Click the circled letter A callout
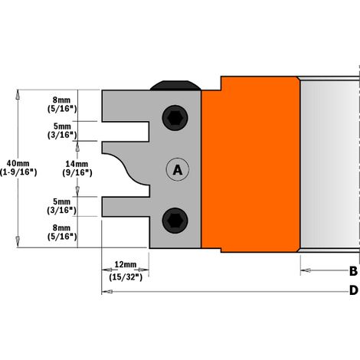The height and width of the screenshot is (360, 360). (178, 169)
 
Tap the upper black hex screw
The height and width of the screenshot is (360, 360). (175, 118)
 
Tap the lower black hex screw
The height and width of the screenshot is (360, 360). (175, 221)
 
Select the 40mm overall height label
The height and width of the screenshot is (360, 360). (18, 163)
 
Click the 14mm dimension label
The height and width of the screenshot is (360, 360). (77, 164)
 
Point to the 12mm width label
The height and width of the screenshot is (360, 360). (126, 264)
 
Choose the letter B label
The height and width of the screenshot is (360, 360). (353, 271)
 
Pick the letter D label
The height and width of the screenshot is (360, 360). (354, 290)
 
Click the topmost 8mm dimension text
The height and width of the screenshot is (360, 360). (61, 100)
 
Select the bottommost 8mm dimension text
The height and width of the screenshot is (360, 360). (61, 227)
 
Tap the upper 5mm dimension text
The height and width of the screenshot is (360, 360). (62, 126)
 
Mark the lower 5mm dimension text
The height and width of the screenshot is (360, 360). (61, 201)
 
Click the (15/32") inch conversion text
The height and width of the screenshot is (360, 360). (126, 277)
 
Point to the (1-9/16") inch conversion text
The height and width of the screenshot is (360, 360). (18, 172)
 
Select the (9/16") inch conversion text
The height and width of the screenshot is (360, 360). (77, 173)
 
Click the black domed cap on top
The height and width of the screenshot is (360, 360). (175, 86)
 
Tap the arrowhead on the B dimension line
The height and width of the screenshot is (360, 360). (306, 270)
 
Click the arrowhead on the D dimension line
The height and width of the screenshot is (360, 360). (107, 292)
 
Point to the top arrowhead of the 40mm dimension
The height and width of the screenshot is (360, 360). (18, 94)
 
